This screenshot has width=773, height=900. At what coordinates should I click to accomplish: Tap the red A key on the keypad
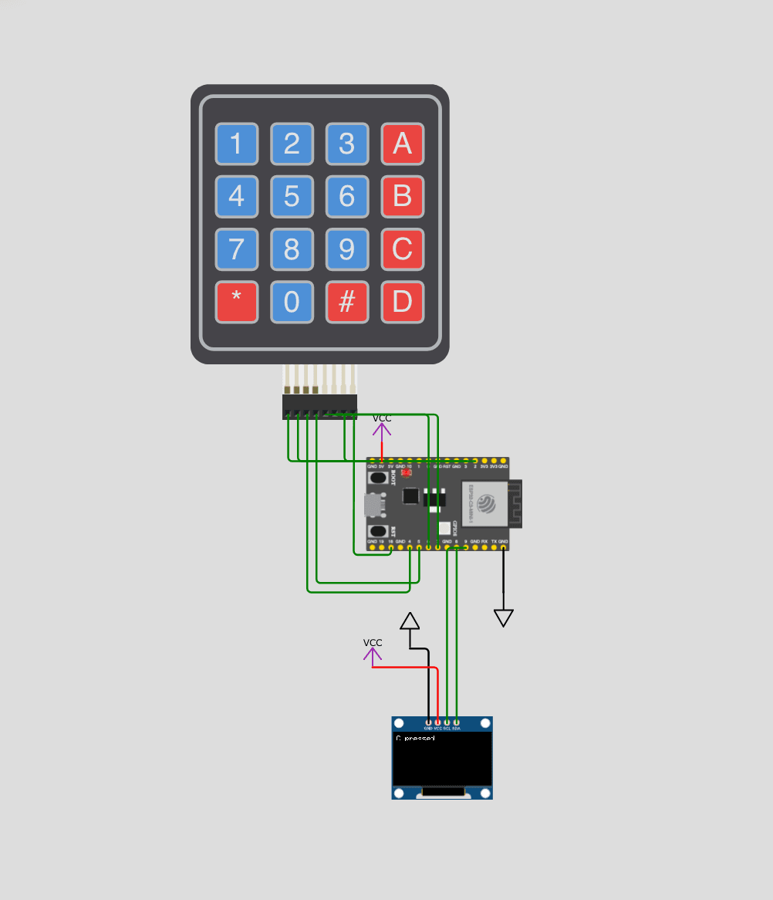click(403, 144)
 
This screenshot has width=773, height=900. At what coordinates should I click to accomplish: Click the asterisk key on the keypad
click(236, 301)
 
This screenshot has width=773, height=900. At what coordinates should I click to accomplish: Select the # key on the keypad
click(347, 301)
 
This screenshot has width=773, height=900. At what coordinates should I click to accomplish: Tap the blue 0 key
click(292, 301)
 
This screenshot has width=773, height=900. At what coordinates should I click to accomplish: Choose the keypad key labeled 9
click(347, 249)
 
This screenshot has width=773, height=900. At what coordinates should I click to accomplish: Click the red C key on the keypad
click(403, 249)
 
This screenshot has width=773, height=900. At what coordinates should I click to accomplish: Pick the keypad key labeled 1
click(236, 144)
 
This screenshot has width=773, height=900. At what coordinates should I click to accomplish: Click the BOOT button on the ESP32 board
click(378, 478)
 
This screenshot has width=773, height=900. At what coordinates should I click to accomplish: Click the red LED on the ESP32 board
click(407, 473)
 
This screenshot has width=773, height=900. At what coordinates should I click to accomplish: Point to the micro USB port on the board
click(372, 505)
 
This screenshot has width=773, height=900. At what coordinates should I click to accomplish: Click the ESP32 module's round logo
click(486, 504)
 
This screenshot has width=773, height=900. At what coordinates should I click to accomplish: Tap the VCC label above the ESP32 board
click(382, 418)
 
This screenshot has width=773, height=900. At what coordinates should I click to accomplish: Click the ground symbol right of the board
click(504, 617)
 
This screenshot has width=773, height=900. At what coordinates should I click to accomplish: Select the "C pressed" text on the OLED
click(415, 739)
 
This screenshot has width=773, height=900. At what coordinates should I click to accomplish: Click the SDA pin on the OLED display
click(457, 722)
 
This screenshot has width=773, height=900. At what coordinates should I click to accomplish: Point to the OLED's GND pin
click(428, 722)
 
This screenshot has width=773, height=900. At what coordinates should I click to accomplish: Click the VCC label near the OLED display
click(373, 643)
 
